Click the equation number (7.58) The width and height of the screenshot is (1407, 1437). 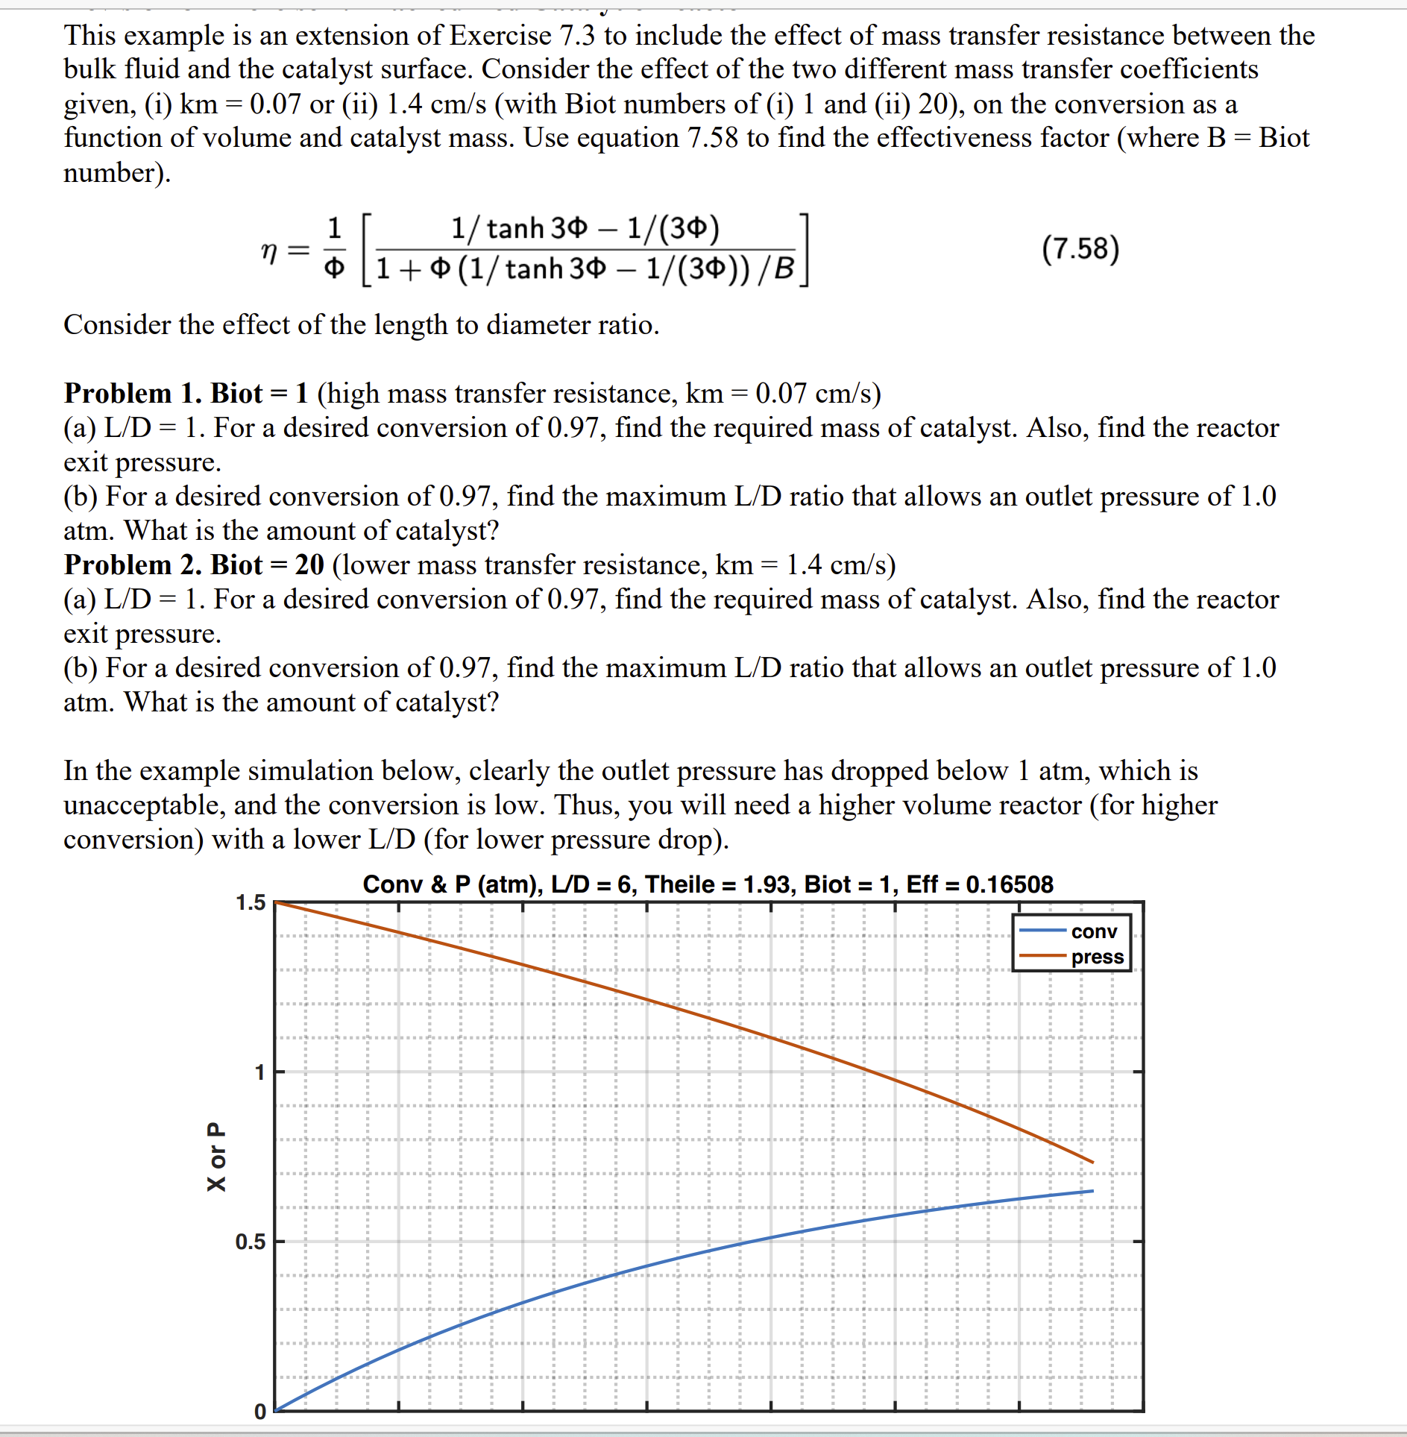pyautogui.click(x=1080, y=249)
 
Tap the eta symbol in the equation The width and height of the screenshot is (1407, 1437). pyautogui.click(x=269, y=251)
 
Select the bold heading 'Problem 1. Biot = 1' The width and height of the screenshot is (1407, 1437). pyautogui.click(x=186, y=393)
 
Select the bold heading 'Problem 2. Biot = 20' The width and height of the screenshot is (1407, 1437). pyautogui.click(x=194, y=565)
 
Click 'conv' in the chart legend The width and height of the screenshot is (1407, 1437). pyautogui.click(x=1094, y=931)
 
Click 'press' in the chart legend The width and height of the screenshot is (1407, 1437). pyautogui.click(x=1097, y=957)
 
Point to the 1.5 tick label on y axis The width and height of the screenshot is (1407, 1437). pyautogui.click(x=251, y=903)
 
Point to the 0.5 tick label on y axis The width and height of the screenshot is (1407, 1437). pyautogui.click(x=251, y=1242)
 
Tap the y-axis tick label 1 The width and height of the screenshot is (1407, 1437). pyautogui.click(x=259, y=1072)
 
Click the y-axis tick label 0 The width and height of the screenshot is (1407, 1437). pyautogui.click(x=259, y=1412)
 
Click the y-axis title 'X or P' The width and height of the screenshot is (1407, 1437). pyautogui.click(x=215, y=1156)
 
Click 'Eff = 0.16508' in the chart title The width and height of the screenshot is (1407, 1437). pyautogui.click(x=979, y=884)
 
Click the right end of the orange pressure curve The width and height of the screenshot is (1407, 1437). pyautogui.click(x=1092, y=1162)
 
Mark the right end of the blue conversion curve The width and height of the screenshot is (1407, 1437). pyautogui.click(x=1092, y=1191)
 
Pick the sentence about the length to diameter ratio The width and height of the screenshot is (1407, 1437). pyautogui.click(x=362, y=324)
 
